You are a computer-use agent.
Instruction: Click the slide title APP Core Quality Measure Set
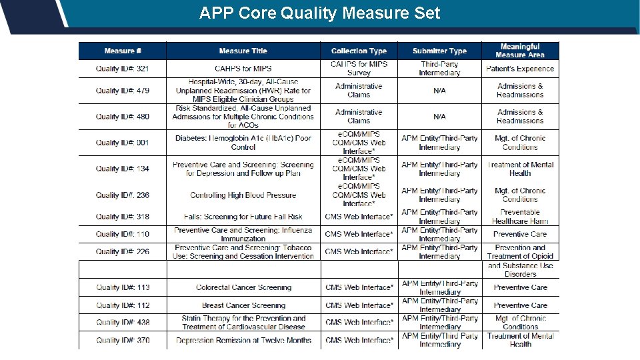319,13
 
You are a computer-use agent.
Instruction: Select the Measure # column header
123,51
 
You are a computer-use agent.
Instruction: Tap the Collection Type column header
359,51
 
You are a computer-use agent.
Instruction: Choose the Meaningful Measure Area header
520,51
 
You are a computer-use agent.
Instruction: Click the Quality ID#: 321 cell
123,69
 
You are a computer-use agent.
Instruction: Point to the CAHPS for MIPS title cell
243,69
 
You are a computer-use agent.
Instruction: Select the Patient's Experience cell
520,69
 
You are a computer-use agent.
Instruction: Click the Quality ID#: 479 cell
123,91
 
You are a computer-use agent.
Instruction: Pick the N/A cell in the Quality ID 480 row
439,117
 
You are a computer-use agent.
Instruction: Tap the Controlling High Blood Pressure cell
243,195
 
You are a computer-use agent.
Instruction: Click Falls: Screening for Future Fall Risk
243,217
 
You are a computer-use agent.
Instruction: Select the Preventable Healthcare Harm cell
520,217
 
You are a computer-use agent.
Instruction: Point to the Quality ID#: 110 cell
123,234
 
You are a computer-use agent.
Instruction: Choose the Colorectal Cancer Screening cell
243,288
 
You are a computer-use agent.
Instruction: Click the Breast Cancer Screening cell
243,305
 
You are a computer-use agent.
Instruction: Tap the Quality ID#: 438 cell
123,323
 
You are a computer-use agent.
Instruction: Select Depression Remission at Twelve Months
243,340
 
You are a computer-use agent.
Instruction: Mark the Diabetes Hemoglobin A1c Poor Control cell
243,143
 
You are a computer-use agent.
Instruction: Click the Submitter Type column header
439,51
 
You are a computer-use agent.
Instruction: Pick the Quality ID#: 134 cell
123,169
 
